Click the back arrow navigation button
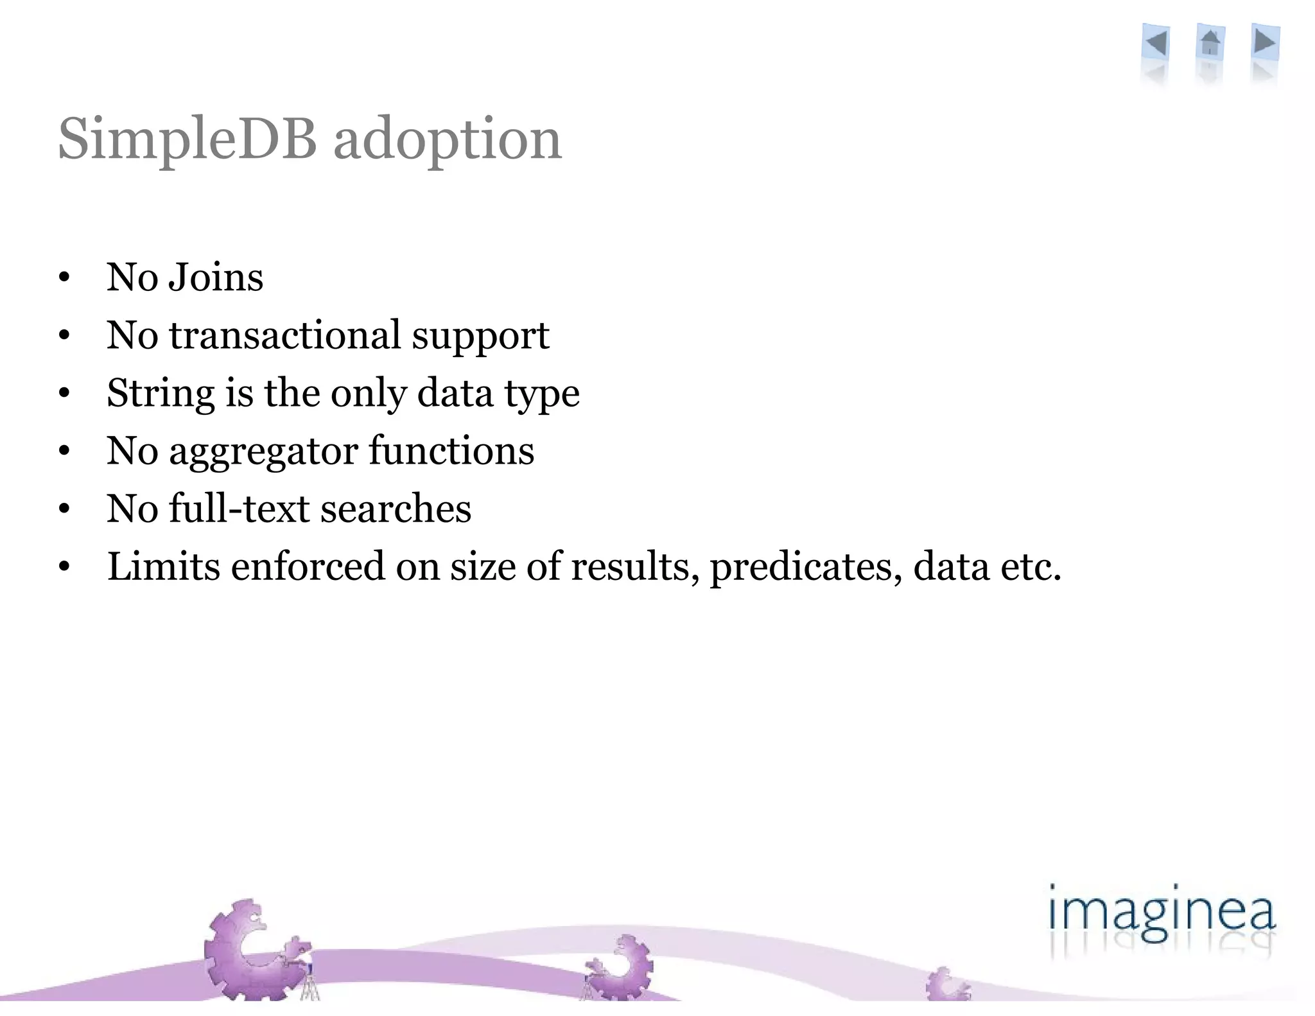coord(1156,44)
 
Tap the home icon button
coord(1210,44)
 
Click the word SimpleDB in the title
coord(187,139)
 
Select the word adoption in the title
coord(448,139)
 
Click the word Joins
coord(216,277)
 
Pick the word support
coord(480,337)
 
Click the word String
coord(161,393)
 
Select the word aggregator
coord(263,451)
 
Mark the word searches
coord(396,509)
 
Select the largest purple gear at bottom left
coord(250,950)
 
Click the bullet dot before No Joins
coord(64,278)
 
